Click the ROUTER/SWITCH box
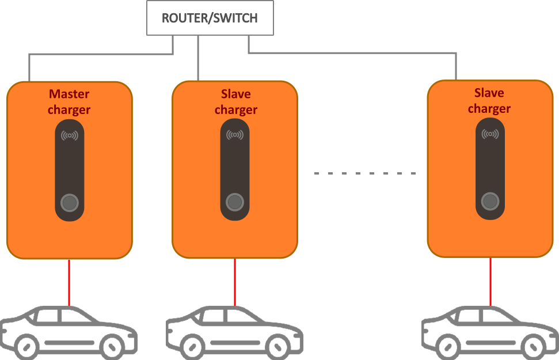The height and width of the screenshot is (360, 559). [x=209, y=18]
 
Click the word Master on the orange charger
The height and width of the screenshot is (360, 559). [x=69, y=93]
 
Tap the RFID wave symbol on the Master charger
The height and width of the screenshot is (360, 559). [x=70, y=136]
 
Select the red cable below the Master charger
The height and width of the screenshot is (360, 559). [x=69, y=283]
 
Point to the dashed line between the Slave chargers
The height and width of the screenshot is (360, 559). [x=365, y=173]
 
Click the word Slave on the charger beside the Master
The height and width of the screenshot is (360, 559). [x=236, y=93]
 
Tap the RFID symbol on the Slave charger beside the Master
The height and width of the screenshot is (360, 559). [x=235, y=135]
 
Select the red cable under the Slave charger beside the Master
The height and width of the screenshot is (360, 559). [x=235, y=283]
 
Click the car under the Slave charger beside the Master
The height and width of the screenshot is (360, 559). [x=234, y=332]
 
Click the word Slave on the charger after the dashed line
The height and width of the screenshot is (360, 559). [x=489, y=93]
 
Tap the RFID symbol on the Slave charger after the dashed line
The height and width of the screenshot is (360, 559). [x=490, y=134]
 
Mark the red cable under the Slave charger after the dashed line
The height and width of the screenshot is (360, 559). [x=490, y=282]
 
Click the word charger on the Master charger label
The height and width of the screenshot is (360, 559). [x=69, y=109]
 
